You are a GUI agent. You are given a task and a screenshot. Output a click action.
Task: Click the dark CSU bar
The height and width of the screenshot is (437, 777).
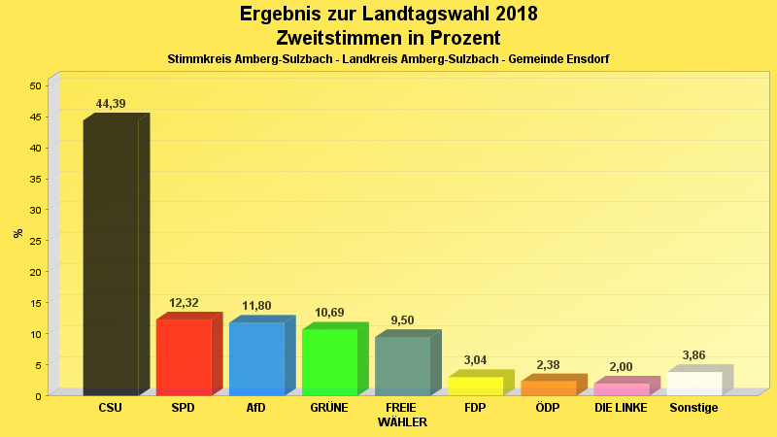click(x=111, y=257)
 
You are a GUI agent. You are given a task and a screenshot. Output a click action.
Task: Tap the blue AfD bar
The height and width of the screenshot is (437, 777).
click(x=256, y=358)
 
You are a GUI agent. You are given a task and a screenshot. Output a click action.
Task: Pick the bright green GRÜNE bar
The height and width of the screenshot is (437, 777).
click(x=329, y=361)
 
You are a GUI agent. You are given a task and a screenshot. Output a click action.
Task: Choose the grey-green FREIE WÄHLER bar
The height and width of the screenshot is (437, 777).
click(x=402, y=365)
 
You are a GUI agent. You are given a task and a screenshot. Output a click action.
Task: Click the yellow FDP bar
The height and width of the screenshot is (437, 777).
click(x=475, y=386)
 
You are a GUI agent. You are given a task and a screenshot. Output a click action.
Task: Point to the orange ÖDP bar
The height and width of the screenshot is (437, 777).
click(x=548, y=387)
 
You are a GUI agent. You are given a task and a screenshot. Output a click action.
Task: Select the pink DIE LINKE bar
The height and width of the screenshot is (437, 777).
click(x=621, y=388)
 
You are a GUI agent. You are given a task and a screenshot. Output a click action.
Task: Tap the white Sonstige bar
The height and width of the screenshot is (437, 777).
click(x=693, y=383)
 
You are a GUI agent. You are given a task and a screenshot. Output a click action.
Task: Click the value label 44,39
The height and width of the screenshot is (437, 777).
click(x=111, y=104)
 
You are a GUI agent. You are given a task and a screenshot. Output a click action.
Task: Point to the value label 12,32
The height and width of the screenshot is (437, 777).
click(x=184, y=303)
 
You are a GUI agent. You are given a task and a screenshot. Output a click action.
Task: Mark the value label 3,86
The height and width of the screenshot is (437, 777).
click(x=693, y=355)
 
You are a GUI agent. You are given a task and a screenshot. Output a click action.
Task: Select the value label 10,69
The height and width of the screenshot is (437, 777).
click(x=329, y=313)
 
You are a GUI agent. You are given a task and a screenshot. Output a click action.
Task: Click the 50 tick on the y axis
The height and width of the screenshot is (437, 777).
click(x=35, y=85)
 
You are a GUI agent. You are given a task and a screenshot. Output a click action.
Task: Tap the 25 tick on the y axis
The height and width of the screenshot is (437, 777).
click(x=35, y=241)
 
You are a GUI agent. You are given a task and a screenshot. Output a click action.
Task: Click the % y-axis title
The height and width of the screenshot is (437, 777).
click(x=17, y=233)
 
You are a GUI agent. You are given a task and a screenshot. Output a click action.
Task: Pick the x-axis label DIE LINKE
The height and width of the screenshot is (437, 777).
click(x=621, y=408)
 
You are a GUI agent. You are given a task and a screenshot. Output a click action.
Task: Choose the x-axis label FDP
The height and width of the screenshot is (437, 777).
click(x=475, y=408)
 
